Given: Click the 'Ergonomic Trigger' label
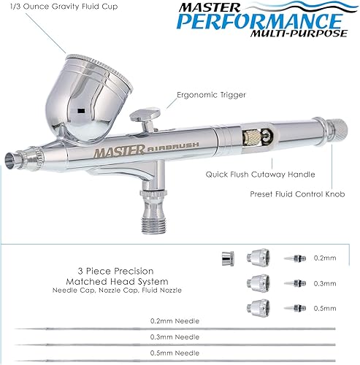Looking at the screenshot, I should tap(210, 93).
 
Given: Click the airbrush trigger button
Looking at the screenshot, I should tap(144, 114).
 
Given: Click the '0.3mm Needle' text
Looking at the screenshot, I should tap(180, 337).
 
